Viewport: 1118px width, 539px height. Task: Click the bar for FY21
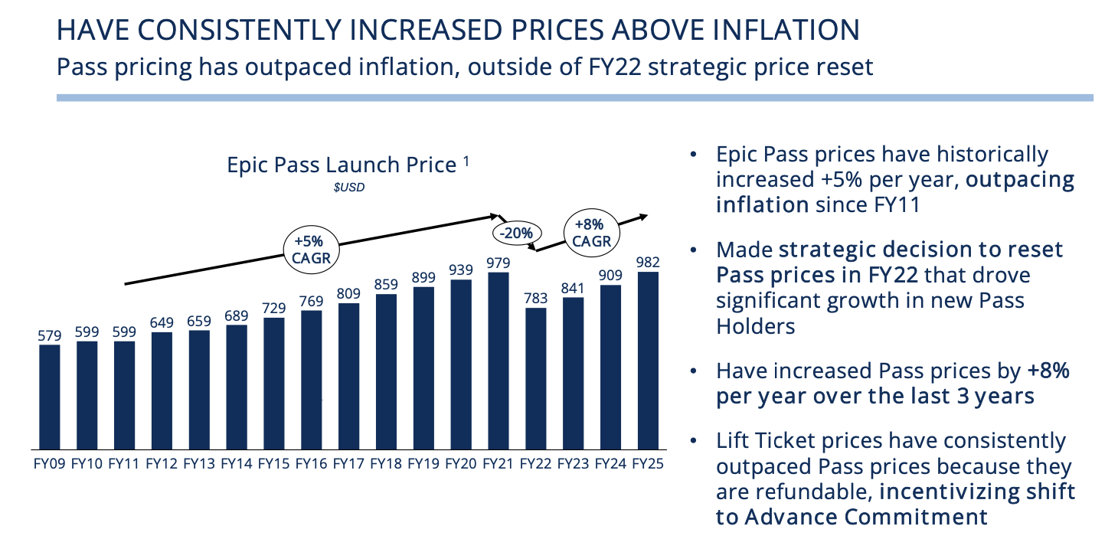(x=499, y=360)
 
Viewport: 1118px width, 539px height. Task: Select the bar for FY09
(x=49, y=396)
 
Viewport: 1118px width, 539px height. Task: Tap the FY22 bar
(x=536, y=377)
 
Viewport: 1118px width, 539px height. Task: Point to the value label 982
(x=648, y=263)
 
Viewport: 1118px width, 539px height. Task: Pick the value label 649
(x=162, y=322)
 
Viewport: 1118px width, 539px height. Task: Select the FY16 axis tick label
(x=311, y=463)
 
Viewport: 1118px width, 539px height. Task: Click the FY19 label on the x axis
(x=423, y=463)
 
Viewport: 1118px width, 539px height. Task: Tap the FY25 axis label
(x=648, y=463)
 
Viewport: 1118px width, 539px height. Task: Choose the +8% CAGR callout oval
(x=591, y=233)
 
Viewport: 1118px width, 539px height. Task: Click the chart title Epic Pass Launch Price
(x=341, y=165)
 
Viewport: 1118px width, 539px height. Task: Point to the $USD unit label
(x=348, y=187)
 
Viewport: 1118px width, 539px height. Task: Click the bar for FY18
(x=386, y=371)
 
